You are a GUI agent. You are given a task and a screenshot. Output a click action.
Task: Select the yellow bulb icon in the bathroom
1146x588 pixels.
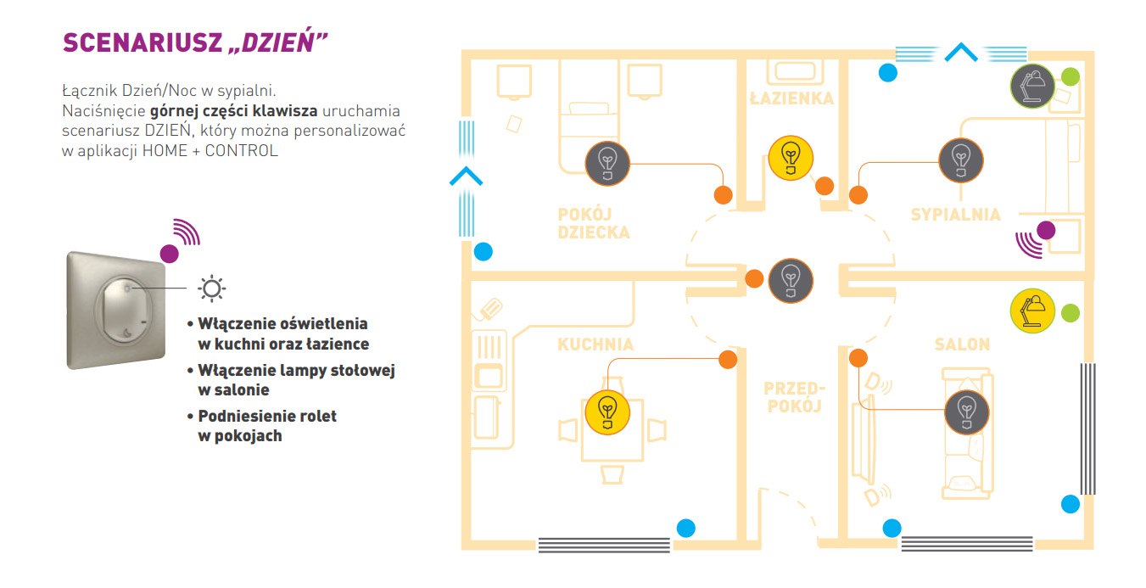pos(791,157)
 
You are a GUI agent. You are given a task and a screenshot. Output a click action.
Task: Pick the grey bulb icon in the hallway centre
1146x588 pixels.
pos(791,280)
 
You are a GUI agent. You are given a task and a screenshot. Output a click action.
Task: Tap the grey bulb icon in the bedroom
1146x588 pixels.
pos(960,160)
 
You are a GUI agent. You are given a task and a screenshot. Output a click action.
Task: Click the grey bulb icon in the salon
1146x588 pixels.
pos(967,412)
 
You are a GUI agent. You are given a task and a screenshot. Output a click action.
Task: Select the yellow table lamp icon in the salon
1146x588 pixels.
pos(1032,311)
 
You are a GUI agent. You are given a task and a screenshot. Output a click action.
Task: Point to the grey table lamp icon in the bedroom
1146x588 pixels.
pos(1032,86)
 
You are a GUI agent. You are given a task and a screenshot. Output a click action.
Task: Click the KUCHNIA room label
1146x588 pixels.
pos(595,344)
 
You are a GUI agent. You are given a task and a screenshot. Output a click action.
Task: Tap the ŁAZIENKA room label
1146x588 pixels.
pos(791,98)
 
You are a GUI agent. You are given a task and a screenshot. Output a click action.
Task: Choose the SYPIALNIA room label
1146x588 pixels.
pos(955,215)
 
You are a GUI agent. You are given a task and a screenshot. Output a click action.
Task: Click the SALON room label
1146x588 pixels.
pos(962,344)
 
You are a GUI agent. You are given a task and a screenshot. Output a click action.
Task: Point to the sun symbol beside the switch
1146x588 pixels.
pos(211,289)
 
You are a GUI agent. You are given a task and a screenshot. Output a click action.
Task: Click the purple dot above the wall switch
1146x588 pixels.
pos(170,252)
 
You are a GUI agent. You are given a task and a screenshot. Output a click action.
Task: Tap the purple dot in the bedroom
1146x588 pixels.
pos(1046,230)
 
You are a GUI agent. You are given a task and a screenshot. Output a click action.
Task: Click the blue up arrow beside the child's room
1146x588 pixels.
pos(465,177)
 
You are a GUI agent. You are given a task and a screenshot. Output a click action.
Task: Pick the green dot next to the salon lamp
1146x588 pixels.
pos(1071,312)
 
